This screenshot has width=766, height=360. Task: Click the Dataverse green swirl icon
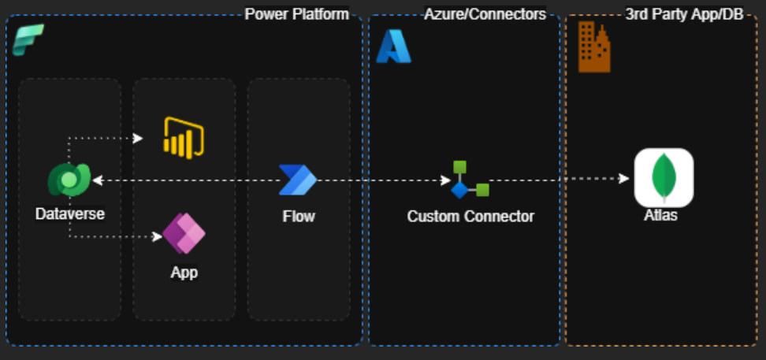(69, 180)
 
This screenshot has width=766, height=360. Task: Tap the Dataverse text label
(69, 213)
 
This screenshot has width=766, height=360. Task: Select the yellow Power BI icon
(184, 137)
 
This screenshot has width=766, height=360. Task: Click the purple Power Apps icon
(184, 233)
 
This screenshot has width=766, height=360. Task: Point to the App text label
(184, 273)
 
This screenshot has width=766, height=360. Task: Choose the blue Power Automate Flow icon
(298, 180)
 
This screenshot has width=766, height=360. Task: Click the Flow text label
(299, 216)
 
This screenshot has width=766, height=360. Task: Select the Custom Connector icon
(470, 180)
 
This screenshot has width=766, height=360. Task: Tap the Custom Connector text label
(470, 216)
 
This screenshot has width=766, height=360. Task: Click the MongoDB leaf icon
(664, 177)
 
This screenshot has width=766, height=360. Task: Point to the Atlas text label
(660, 214)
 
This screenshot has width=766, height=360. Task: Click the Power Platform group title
(296, 14)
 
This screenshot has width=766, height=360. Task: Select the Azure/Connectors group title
(485, 14)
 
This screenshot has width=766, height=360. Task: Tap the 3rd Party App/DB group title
(683, 14)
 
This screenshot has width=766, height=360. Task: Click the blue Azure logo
(393, 46)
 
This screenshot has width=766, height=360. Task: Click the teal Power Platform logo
(28, 39)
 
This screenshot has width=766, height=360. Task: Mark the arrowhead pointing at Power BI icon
(138, 139)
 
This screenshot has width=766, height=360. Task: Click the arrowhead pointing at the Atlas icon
(624, 178)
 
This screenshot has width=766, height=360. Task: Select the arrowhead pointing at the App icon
(156, 236)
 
